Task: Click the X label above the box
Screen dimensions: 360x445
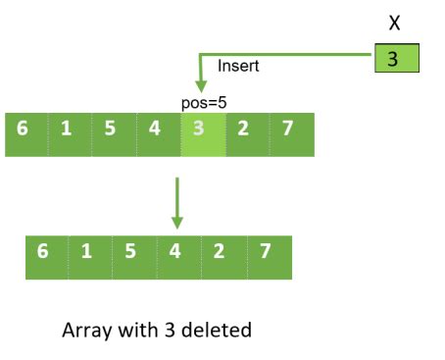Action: pyautogui.click(x=394, y=24)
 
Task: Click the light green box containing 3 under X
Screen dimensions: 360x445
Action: pyautogui.click(x=394, y=59)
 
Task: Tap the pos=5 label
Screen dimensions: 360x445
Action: pyautogui.click(x=203, y=102)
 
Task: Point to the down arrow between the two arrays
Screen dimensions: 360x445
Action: pyautogui.click(x=177, y=201)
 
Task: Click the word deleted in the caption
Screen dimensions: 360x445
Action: pyautogui.click(x=218, y=330)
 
